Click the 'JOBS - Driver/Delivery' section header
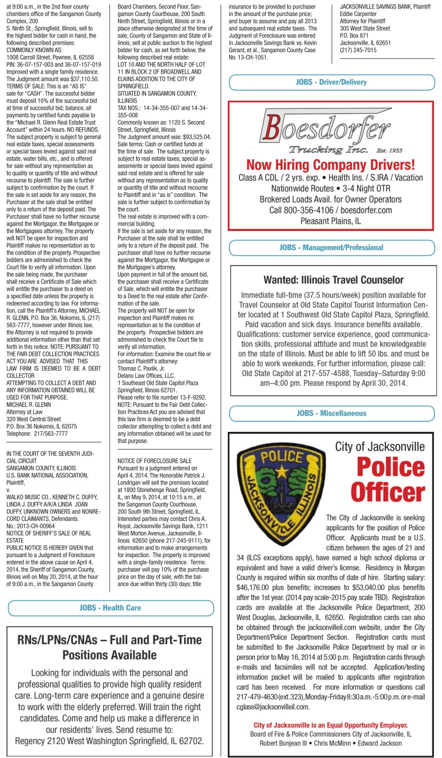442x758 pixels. pyautogui.click(x=331, y=82)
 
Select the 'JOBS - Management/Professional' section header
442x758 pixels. pyautogui.click(x=331, y=247)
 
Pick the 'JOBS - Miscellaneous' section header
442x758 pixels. pyautogui.click(x=331, y=413)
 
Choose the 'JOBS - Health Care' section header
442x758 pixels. pyautogui.click(x=110, y=608)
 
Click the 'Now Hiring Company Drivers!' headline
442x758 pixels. pyautogui.click(x=330, y=164)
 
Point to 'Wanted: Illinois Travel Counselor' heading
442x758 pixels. pyautogui.click(x=333, y=280)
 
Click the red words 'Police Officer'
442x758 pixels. pyautogui.click(x=388, y=479)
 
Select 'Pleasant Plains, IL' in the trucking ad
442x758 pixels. pyautogui.click(x=330, y=221)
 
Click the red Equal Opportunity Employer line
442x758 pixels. pyautogui.click(x=330, y=725)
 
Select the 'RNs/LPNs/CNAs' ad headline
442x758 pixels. pyautogui.click(x=110, y=647)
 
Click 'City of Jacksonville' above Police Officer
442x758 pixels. pyautogui.click(x=379, y=446)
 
